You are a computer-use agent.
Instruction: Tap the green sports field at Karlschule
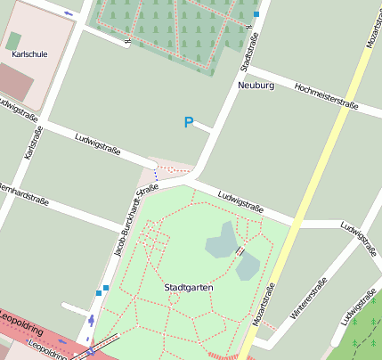[13, 41]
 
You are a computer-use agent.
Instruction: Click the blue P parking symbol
[188, 123]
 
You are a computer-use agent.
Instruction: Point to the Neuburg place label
[256, 86]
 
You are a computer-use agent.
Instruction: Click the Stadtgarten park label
[188, 288]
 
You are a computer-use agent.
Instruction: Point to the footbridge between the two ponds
[239, 252]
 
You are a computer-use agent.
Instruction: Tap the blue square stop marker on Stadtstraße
[256, 14]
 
